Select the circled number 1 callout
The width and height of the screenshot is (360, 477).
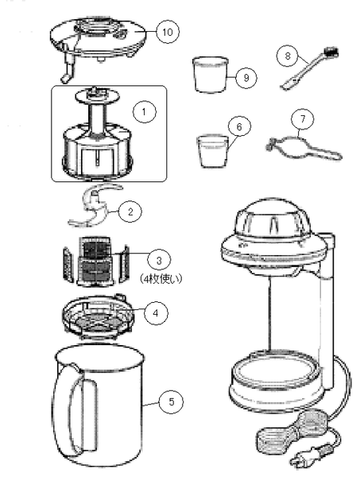(144, 113)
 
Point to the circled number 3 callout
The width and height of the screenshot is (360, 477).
(160, 260)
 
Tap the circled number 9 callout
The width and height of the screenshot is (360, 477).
(246, 77)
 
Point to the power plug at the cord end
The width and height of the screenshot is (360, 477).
(304, 462)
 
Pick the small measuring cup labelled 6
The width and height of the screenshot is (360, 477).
(211, 149)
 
